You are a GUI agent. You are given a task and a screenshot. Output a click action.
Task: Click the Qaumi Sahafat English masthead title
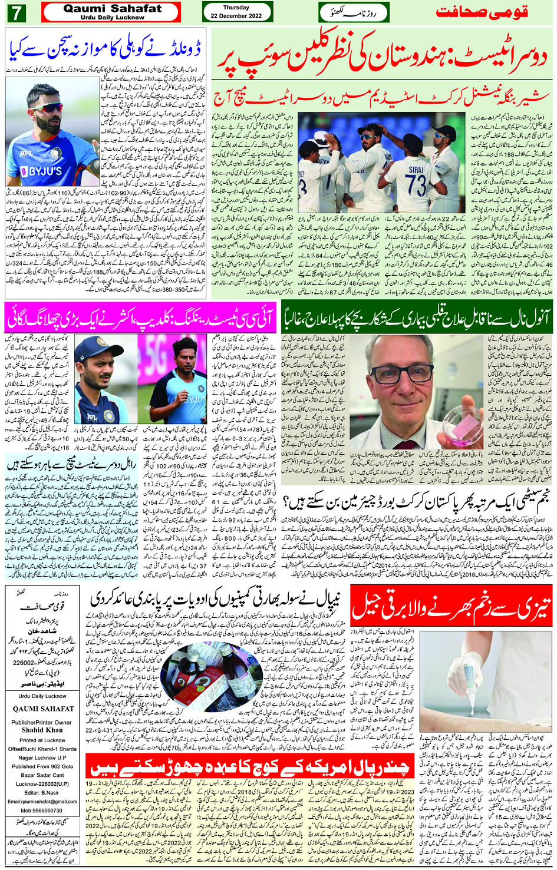coord(112,9)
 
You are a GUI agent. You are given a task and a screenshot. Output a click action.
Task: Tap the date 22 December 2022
coord(237,16)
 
